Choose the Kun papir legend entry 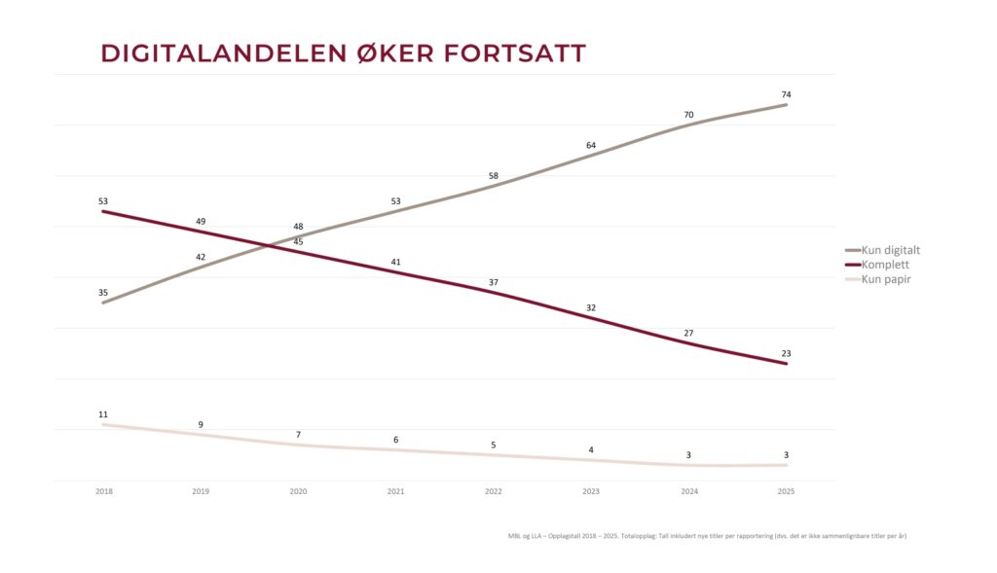coord(878,279)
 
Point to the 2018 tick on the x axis coord(104,491)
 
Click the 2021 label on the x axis coord(395,491)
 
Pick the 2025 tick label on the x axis coord(786,491)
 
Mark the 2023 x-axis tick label coord(591,491)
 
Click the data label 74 coord(787,94)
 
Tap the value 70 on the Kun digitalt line coord(688,115)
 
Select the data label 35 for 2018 coord(103,293)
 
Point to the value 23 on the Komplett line coord(787,354)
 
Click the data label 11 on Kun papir coord(103,414)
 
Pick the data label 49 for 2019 coord(201,222)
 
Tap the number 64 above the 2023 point coord(591,146)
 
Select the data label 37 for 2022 coord(494,283)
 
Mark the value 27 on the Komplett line coord(688,334)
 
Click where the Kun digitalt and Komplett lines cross coord(268,245)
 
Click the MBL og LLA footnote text coord(707,536)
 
